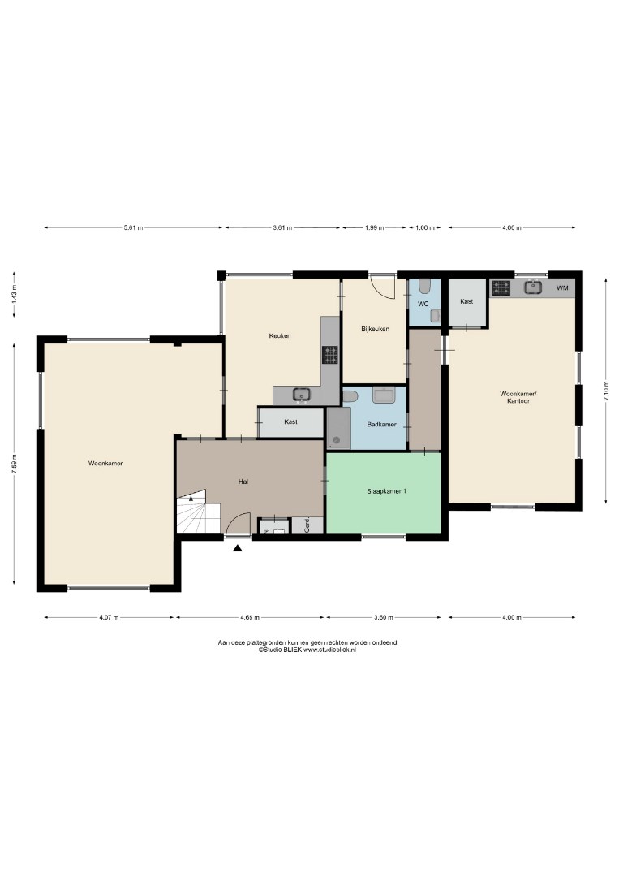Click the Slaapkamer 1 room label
click(x=386, y=491)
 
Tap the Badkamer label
click(x=381, y=425)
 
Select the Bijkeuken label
click(x=376, y=329)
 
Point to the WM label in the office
click(x=562, y=288)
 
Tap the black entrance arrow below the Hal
click(x=238, y=548)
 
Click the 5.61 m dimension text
click(x=133, y=227)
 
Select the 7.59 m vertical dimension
click(x=15, y=463)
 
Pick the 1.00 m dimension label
click(x=426, y=227)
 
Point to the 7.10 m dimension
click(x=605, y=389)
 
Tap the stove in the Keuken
click(x=329, y=355)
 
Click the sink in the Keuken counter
click(x=302, y=395)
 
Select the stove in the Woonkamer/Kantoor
click(x=501, y=288)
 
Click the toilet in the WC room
click(x=424, y=287)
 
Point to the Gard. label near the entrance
click(x=307, y=525)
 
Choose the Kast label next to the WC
click(x=466, y=301)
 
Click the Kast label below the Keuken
click(x=290, y=421)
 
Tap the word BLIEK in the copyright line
click(x=293, y=650)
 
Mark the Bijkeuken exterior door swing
click(x=385, y=287)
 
